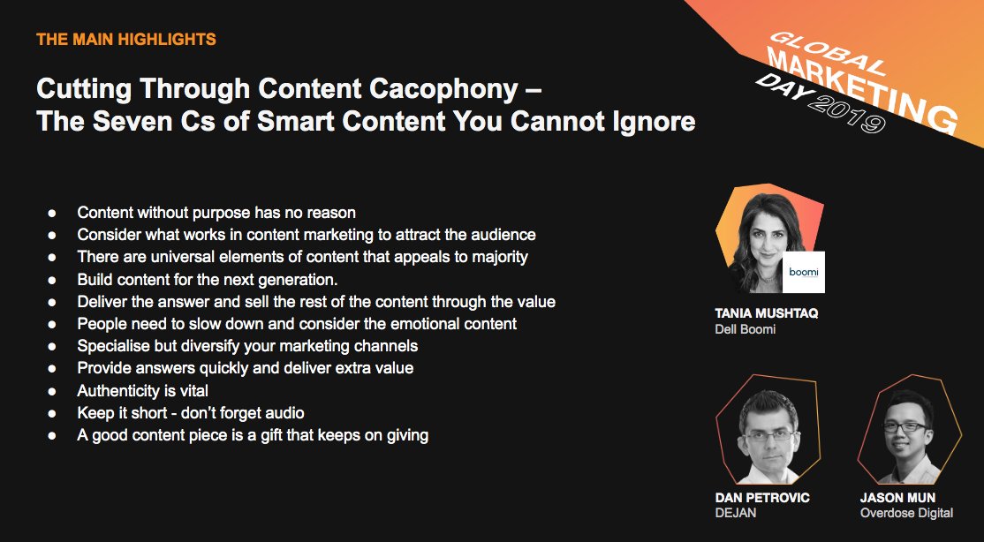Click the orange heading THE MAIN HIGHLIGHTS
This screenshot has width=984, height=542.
[x=126, y=39]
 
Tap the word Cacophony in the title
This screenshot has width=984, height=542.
[x=443, y=89]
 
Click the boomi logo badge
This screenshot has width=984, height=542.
[x=803, y=272]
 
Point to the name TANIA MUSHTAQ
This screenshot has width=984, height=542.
[x=766, y=313]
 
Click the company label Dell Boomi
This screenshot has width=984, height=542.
[x=745, y=328]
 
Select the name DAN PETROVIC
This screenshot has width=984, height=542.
[x=761, y=498]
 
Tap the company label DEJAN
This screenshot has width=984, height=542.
[x=736, y=513]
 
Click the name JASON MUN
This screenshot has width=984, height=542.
[x=897, y=498]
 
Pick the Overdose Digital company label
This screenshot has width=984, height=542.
[x=906, y=513]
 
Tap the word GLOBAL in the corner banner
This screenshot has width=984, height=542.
[x=827, y=53]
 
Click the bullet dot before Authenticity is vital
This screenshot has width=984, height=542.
[x=52, y=391]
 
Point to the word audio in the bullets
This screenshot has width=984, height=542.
[x=285, y=413]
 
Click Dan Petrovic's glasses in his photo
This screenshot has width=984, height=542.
[x=769, y=434]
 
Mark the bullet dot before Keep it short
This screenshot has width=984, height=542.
[x=52, y=413]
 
